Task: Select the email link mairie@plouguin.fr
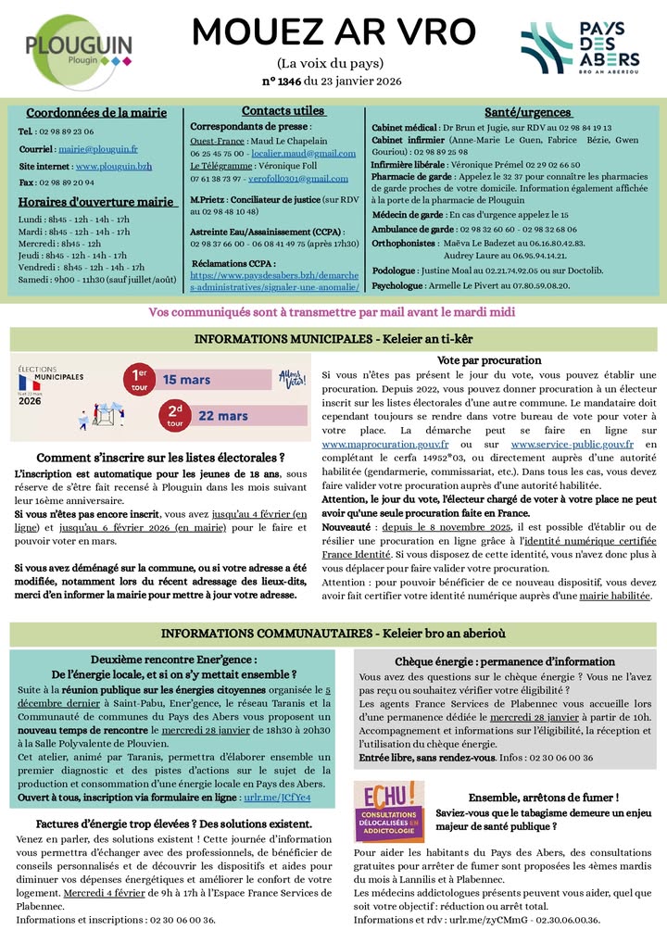[x=97, y=147]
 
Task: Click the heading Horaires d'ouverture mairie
[x=97, y=201]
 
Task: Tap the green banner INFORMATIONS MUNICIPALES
[x=333, y=339]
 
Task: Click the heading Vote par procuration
[x=488, y=359]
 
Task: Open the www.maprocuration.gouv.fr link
[x=384, y=445]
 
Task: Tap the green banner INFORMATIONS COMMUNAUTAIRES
[x=333, y=633]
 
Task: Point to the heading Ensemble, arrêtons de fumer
[x=544, y=797]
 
